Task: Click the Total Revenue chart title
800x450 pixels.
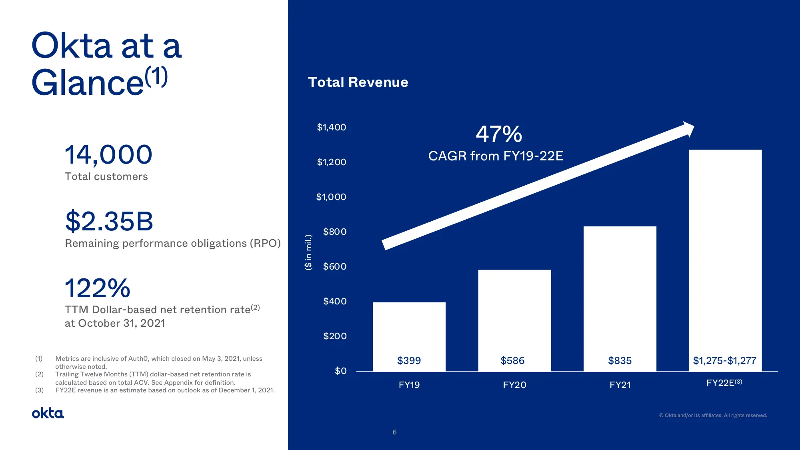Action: (x=358, y=82)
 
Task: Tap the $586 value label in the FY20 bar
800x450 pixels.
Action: (x=512, y=360)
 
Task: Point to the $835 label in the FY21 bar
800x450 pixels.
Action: (x=620, y=360)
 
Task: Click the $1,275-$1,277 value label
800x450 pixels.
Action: (x=724, y=360)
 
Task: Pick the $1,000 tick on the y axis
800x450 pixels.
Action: (x=331, y=197)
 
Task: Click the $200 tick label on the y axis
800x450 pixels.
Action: (x=335, y=336)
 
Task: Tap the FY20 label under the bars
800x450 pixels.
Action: (x=514, y=385)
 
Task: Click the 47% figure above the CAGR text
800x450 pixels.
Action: (x=499, y=134)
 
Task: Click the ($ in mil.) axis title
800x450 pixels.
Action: (x=308, y=252)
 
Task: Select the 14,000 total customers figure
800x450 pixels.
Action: (x=108, y=155)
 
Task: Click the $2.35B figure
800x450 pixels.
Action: (x=109, y=221)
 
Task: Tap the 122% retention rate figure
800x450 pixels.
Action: (x=98, y=288)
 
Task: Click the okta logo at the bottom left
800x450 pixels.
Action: (x=48, y=413)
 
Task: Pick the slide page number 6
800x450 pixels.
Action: (x=394, y=432)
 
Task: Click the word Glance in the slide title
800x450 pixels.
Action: (x=88, y=83)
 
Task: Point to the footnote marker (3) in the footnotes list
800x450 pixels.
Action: (x=39, y=390)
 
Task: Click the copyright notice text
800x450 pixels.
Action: (x=713, y=416)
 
